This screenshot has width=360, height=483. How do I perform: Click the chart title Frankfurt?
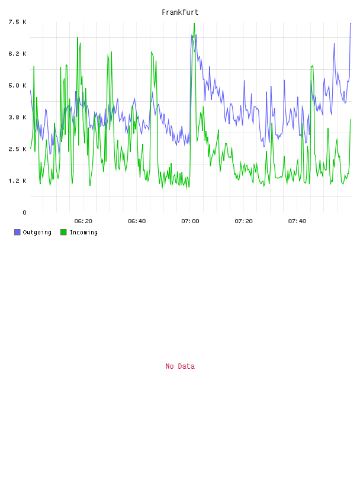tap(180, 12)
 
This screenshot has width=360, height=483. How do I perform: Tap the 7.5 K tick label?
tap(17, 22)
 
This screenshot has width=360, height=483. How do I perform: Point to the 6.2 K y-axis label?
tap(17, 54)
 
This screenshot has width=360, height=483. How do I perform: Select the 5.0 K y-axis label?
tap(17, 85)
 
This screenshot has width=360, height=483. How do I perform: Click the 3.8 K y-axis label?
tap(17, 117)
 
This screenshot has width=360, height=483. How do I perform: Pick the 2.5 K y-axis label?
tap(17, 149)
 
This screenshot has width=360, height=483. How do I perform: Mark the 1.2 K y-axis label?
tap(17, 181)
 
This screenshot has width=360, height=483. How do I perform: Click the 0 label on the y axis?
tap(24, 212)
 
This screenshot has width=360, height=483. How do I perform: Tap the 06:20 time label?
tap(83, 221)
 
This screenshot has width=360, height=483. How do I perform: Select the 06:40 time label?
tap(137, 221)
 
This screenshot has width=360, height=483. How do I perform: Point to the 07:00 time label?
tap(190, 221)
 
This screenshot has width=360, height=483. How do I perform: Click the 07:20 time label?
tap(243, 221)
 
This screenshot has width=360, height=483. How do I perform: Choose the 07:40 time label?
tap(297, 221)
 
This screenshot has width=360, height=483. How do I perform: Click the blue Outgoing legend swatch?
tap(17, 232)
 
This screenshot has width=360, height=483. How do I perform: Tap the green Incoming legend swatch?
tap(63, 232)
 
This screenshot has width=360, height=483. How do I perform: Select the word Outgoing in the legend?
tap(37, 232)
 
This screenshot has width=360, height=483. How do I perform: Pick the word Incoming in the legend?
tap(83, 232)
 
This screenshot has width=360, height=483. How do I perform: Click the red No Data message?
tap(180, 366)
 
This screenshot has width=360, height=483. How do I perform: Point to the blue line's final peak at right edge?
tap(351, 24)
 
